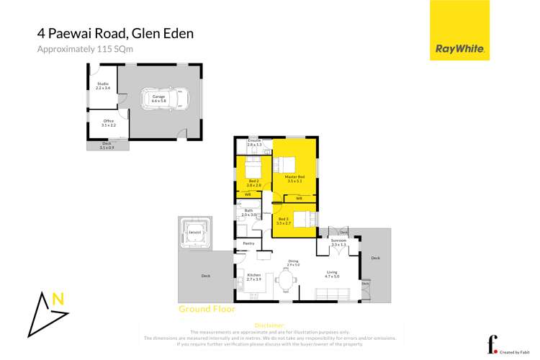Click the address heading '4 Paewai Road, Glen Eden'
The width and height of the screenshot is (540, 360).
click(x=115, y=33)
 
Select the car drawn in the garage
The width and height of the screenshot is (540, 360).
click(x=159, y=98)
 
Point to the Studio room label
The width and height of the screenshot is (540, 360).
click(x=102, y=86)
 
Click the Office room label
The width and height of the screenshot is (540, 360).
click(x=108, y=122)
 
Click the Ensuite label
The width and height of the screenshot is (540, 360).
click(x=253, y=143)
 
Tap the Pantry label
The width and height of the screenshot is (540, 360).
click(x=248, y=243)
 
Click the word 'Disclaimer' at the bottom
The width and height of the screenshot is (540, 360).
click(x=270, y=325)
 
